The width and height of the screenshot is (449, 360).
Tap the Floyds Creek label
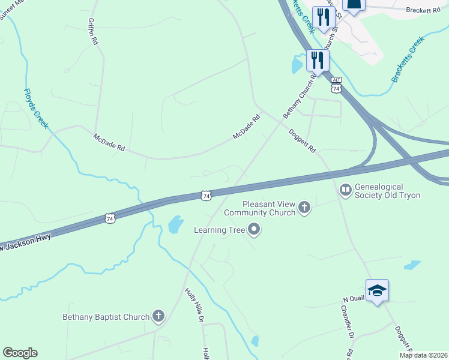point(36,109)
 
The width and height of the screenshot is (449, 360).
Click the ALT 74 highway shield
point(336,85)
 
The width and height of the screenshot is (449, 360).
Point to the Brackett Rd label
point(423,10)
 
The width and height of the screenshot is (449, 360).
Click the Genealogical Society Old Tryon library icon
point(345,191)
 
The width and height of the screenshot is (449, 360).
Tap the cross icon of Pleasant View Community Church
point(304,208)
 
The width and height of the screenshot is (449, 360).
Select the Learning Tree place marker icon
point(254,229)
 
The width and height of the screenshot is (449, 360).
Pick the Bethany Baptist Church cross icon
point(158,316)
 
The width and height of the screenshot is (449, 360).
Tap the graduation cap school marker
point(377,290)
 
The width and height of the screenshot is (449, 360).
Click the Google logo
point(20,353)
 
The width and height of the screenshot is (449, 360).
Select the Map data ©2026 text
point(423,355)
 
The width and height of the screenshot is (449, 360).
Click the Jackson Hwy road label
point(27,241)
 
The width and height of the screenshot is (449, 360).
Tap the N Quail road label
point(354,299)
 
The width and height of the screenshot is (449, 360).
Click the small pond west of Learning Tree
point(175,225)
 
